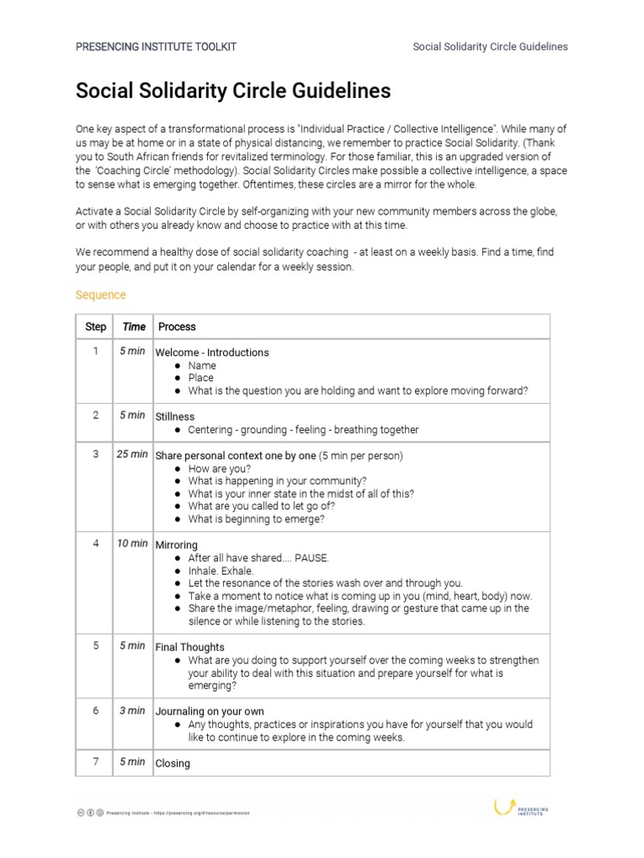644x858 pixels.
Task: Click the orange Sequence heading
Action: [101, 295]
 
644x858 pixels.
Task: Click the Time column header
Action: [133, 327]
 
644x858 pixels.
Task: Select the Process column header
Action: [177, 327]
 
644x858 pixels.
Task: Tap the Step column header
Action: [96, 327]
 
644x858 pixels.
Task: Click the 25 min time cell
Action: [132, 454]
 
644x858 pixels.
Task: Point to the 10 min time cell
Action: [132, 544]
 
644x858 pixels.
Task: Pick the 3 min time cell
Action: [132, 711]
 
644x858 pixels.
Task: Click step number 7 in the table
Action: [96, 762]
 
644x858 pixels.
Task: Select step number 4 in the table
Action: [96, 544]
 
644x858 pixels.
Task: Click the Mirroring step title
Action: [177, 545]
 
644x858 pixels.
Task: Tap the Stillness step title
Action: [175, 416]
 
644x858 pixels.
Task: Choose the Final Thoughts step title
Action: [190, 647]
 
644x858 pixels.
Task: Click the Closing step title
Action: [173, 763]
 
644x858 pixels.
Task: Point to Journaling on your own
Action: [210, 711]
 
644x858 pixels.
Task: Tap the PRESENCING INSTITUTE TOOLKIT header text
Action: [156, 47]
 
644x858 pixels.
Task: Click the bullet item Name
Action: [202, 365]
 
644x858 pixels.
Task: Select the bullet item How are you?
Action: [219, 468]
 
